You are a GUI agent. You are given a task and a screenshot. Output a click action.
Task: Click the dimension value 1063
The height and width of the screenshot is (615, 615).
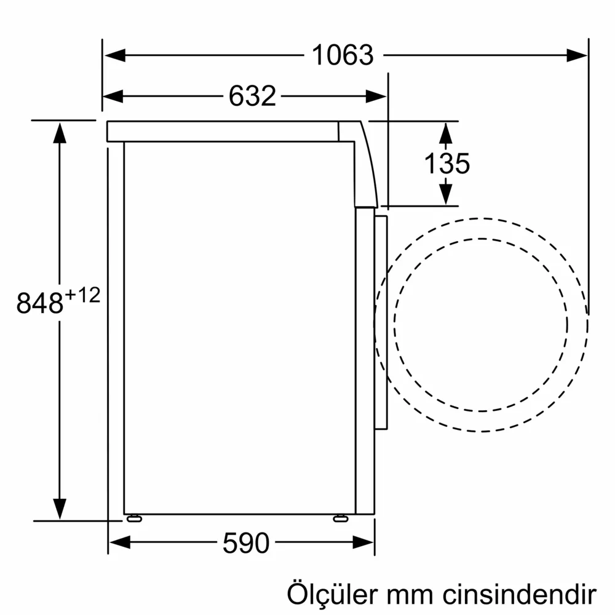343,55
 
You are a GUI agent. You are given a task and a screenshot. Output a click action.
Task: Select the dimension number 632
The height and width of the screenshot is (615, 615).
252,96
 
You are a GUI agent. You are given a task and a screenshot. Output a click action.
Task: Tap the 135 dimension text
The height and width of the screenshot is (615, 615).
447,164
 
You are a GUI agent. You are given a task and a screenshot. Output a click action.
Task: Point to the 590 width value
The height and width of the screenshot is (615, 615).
246,542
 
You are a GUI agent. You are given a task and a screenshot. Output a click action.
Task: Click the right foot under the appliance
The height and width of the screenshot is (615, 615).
340,518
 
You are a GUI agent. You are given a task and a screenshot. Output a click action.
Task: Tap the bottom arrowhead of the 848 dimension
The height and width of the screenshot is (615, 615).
60,509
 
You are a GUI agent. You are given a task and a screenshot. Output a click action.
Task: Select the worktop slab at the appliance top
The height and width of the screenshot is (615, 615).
221,131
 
